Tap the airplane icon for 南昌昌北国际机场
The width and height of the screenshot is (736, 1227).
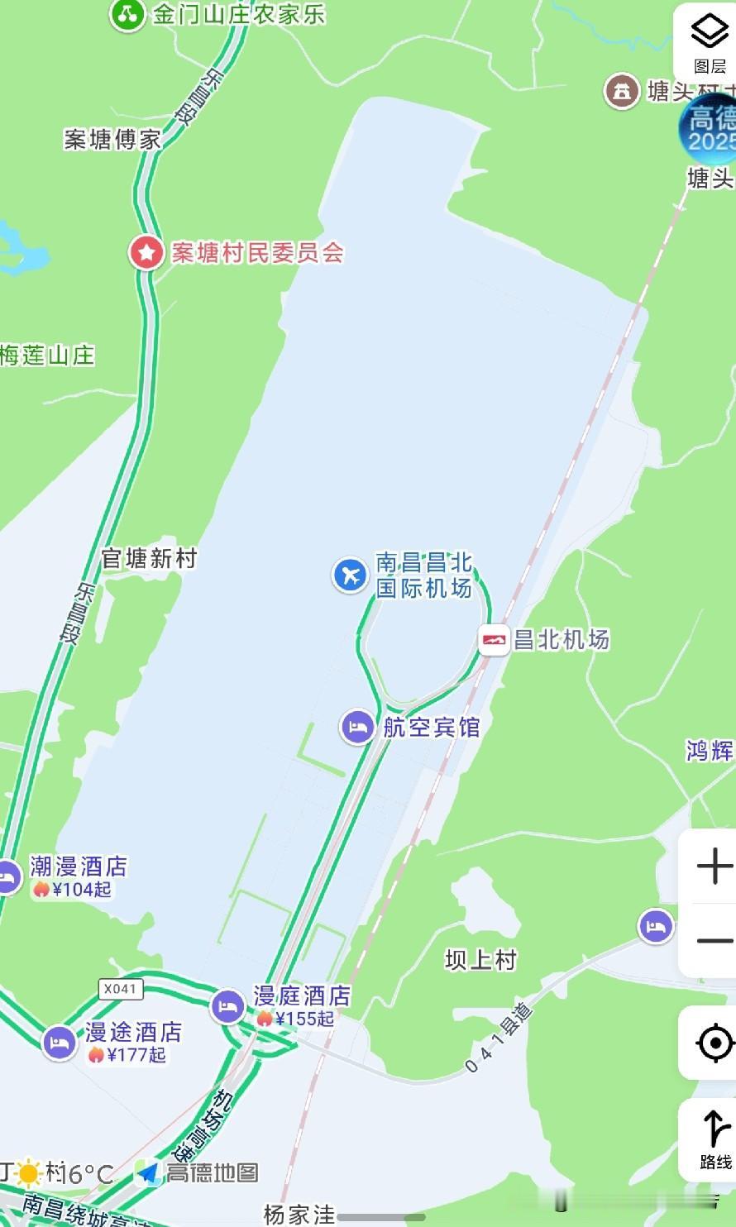tap(351, 575)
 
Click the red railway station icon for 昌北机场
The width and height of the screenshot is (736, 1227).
tap(495, 640)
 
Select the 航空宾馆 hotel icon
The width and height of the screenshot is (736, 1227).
tap(357, 728)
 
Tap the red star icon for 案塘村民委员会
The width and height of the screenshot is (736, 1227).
tap(147, 252)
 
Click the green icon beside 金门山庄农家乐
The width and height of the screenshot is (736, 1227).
tap(127, 13)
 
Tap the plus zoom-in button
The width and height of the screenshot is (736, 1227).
tap(714, 867)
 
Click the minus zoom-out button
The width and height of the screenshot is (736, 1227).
tap(714, 941)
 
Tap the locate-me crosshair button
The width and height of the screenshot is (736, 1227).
tap(714, 1043)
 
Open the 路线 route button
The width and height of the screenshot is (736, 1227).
tap(714, 1139)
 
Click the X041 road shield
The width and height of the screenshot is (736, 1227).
tap(121, 989)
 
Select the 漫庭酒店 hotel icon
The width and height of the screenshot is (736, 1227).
tap(227, 1006)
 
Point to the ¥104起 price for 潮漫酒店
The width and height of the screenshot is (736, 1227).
tap(72, 890)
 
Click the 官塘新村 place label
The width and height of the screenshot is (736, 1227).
tap(149, 559)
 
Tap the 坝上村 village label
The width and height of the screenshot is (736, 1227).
tap(480, 960)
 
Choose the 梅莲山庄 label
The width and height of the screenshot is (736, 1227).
tap(47, 356)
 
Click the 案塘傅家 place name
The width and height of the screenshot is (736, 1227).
tap(112, 140)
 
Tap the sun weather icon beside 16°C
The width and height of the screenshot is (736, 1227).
tap(31, 1173)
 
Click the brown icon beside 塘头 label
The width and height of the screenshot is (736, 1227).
tap(621, 91)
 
